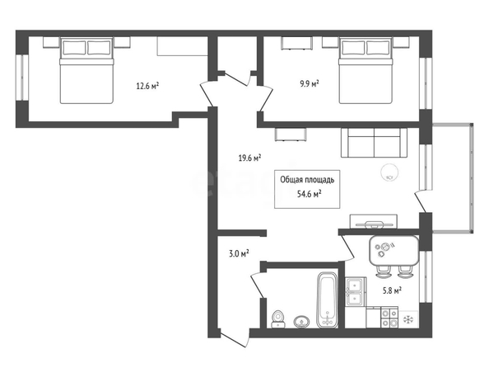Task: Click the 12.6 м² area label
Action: coord(147,85)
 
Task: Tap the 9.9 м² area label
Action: coord(310,83)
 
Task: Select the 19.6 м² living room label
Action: coord(249,158)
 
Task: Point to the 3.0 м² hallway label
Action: coord(239,253)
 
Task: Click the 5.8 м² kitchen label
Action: coord(392,290)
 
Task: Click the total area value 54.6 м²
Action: coord(310,194)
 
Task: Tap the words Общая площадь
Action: coord(307,180)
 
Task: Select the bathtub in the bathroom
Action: coord(327,300)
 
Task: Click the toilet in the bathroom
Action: coord(278,319)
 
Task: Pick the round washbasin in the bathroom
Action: coord(301,322)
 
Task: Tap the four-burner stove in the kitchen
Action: coord(389,317)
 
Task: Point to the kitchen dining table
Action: coord(394,250)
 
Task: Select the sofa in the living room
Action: coord(374,143)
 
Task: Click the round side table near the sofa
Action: coord(389,172)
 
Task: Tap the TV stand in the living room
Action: coord(374,221)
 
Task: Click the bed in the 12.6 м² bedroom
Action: coord(86,70)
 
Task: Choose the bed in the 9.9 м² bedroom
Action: coord(366,70)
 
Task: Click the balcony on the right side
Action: coord(453,178)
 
